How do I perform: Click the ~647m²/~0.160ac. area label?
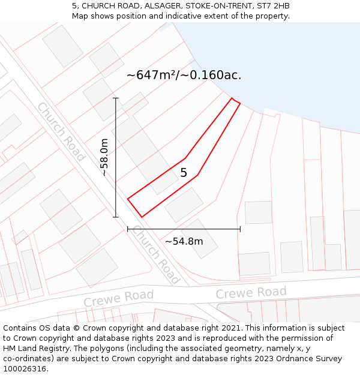click(184, 75)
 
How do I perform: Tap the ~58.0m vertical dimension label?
click(104, 157)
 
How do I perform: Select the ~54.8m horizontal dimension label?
click(184, 241)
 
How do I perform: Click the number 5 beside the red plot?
click(184, 173)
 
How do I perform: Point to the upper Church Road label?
click(61, 131)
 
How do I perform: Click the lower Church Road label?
click(155, 254)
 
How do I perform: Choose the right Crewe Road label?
click(251, 293)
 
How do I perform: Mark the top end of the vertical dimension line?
click(116, 98)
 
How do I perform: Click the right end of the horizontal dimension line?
click(240, 229)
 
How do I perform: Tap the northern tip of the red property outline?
click(232, 98)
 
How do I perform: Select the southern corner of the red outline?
click(142, 217)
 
